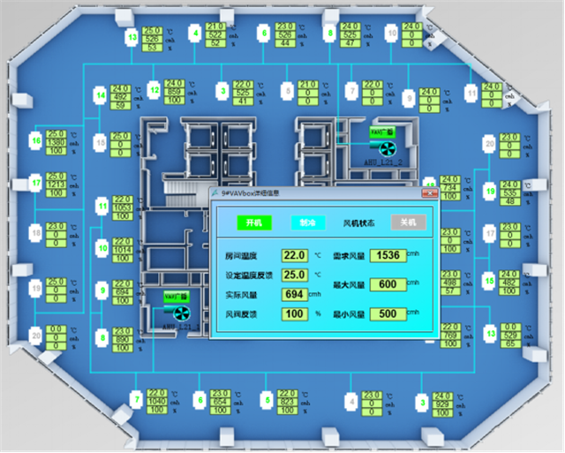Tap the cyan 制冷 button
click(308, 223)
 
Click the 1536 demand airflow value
click(385, 256)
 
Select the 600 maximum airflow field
click(385, 284)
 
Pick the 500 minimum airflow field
click(385, 313)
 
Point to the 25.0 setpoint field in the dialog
click(293, 276)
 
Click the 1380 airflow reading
click(56, 142)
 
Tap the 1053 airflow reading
click(122, 207)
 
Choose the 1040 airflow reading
click(157, 401)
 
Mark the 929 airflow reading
click(442, 403)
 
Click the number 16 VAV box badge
click(35, 140)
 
